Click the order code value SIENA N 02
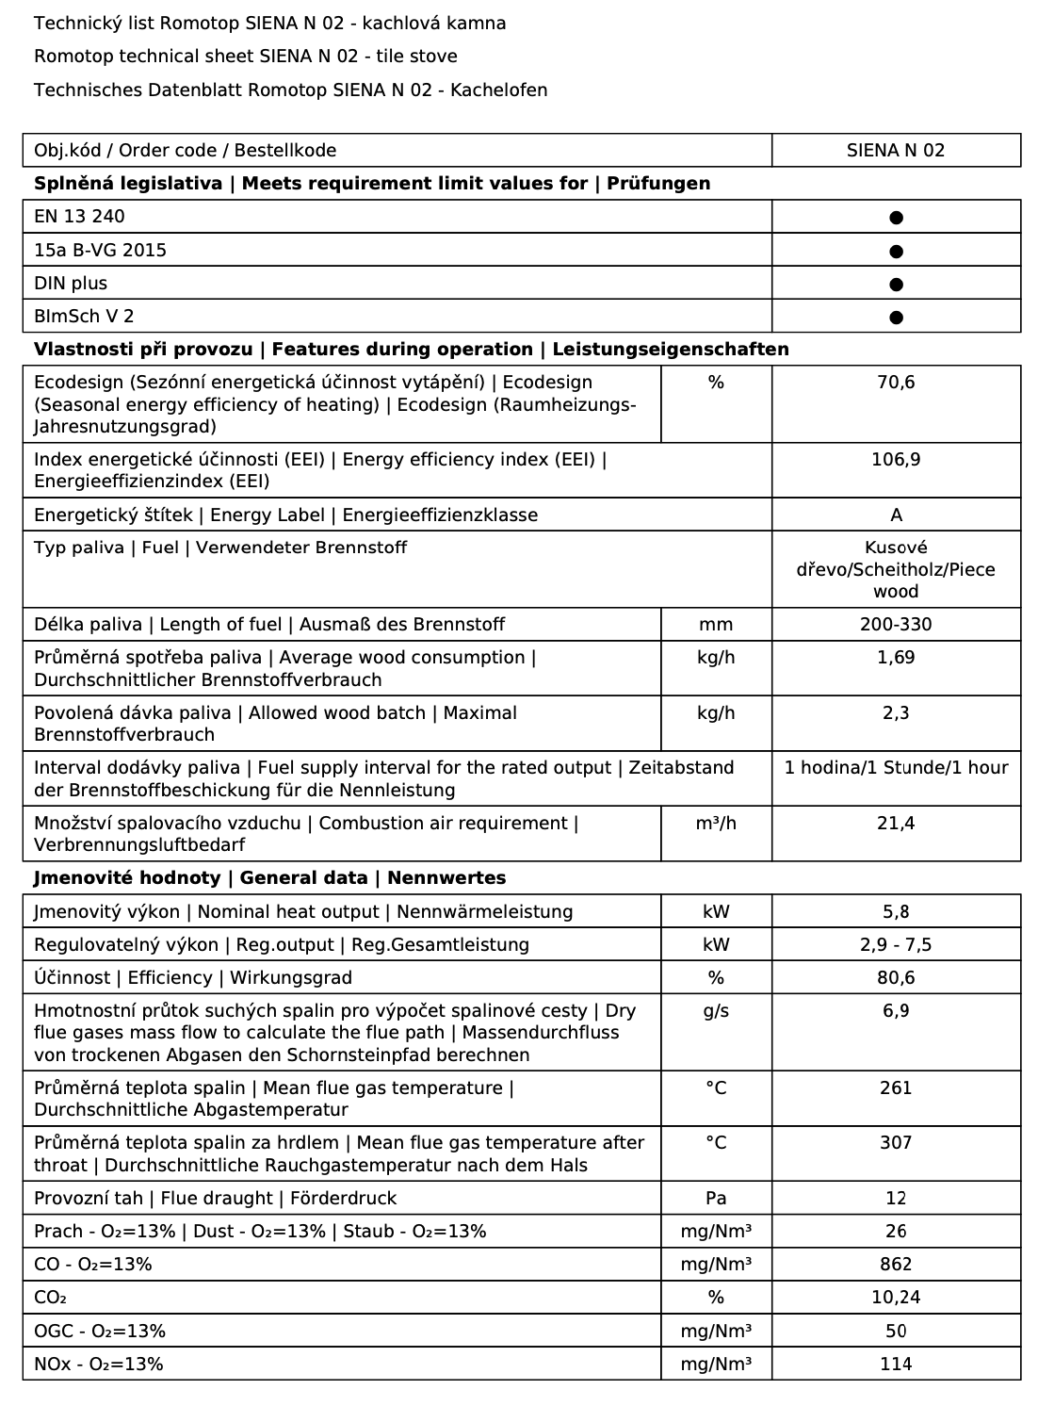(x=895, y=150)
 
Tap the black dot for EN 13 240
(x=896, y=218)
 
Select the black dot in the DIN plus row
(x=896, y=284)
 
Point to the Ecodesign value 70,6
(x=896, y=383)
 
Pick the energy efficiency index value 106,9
(x=896, y=460)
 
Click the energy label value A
(x=896, y=515)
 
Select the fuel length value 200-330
(x=896, y=625)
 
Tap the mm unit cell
(x=716, y=625)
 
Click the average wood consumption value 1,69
(x=896, y=658)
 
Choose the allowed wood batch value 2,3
(x=896, y=713)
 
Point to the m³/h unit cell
(x=716, y=824)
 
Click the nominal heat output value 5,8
(x=896, y=912)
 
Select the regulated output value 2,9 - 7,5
(x=896, y=945)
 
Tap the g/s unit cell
(x=716, y=1011)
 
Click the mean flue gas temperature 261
(x=896, y=1088)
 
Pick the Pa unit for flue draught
(x=716, y=1199)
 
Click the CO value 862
(x=896, y=1265)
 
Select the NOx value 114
(x=896, y=1364)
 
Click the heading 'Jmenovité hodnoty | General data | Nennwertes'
(x=269, y=878)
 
